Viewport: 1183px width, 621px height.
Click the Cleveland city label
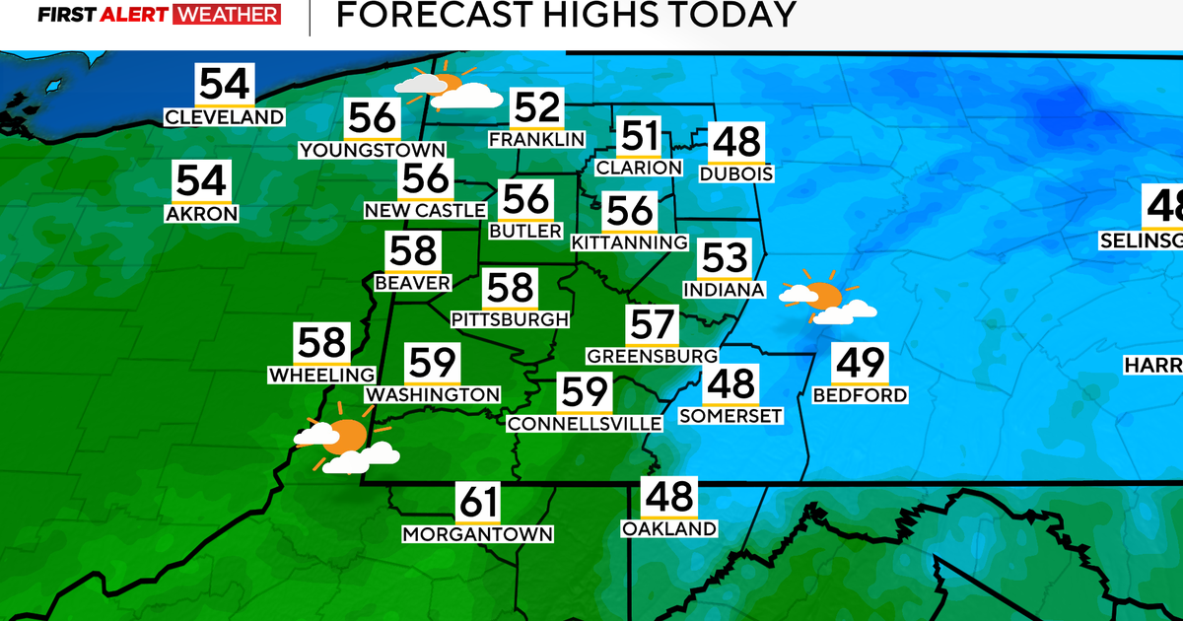click(225, 117)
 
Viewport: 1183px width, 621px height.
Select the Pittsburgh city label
click(510, 319)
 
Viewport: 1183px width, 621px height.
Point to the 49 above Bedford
click(860, 364)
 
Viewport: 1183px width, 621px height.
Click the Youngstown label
click(373, 150)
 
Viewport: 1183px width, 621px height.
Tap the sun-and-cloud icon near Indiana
click(824, 298)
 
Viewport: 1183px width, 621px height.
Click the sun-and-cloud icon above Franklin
click(448, 88)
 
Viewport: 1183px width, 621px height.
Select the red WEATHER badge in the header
click(226, 15)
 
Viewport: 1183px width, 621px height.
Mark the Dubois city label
click(735, 174)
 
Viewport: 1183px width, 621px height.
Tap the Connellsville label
click(585, 424)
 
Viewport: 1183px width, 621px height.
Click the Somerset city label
click(731, 416)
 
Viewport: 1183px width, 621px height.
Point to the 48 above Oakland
click(668, 498)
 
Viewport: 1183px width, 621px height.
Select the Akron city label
click(202, 213)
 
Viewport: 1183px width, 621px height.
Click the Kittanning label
click(629, 242)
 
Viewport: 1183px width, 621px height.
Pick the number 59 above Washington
click(433, 364)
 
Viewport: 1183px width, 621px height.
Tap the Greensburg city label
click(652, 355)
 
